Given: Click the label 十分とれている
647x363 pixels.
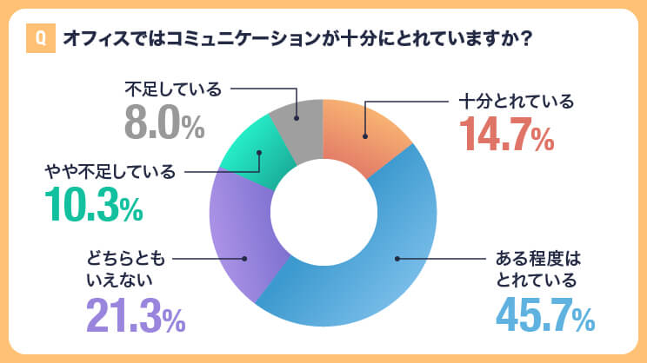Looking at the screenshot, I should point(517,101).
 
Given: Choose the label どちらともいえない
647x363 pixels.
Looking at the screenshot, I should point(124,268).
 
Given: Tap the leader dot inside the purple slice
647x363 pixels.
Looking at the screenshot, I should point(245,258).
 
